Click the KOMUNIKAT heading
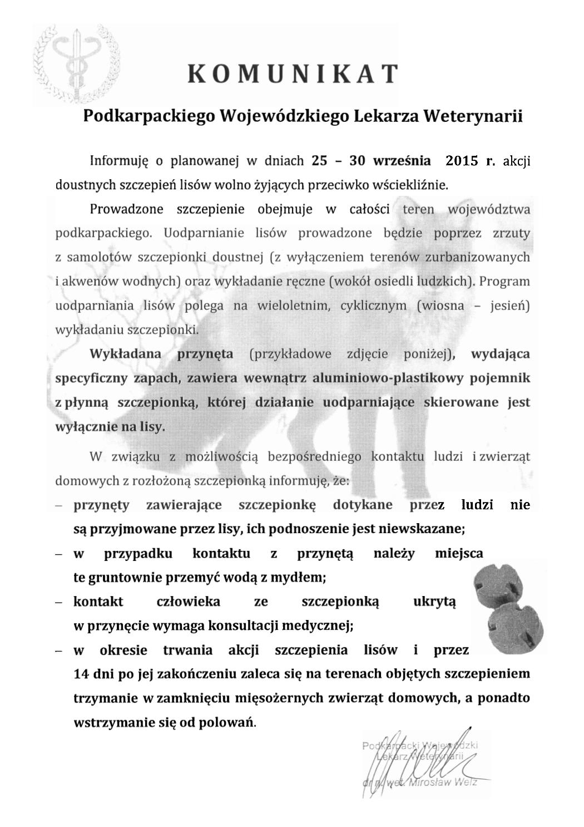293,73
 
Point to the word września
403,161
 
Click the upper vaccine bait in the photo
498,585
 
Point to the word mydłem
300,578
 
